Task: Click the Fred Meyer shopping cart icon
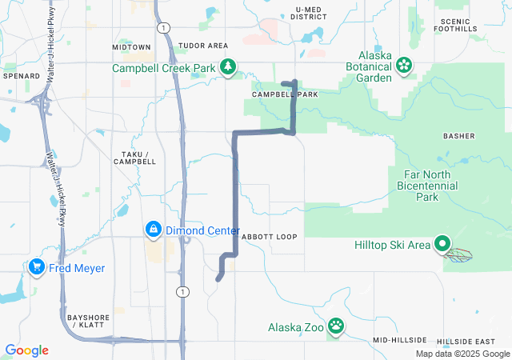(x=36, y=267)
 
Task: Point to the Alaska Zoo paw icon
(x=337, y=326)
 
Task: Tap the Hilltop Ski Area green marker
(x=442, y=245)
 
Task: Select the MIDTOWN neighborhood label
(x=131, y=47)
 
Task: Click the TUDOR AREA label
(x=203, y=46)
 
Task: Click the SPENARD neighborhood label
(x=22, y=76)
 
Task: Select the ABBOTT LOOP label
(x=269, y=237)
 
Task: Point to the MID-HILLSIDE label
(x=399, y=340)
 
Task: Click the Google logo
(x=26, y=350)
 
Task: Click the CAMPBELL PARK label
(x=285, y=94)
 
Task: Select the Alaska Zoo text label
(x=297, y=326)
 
